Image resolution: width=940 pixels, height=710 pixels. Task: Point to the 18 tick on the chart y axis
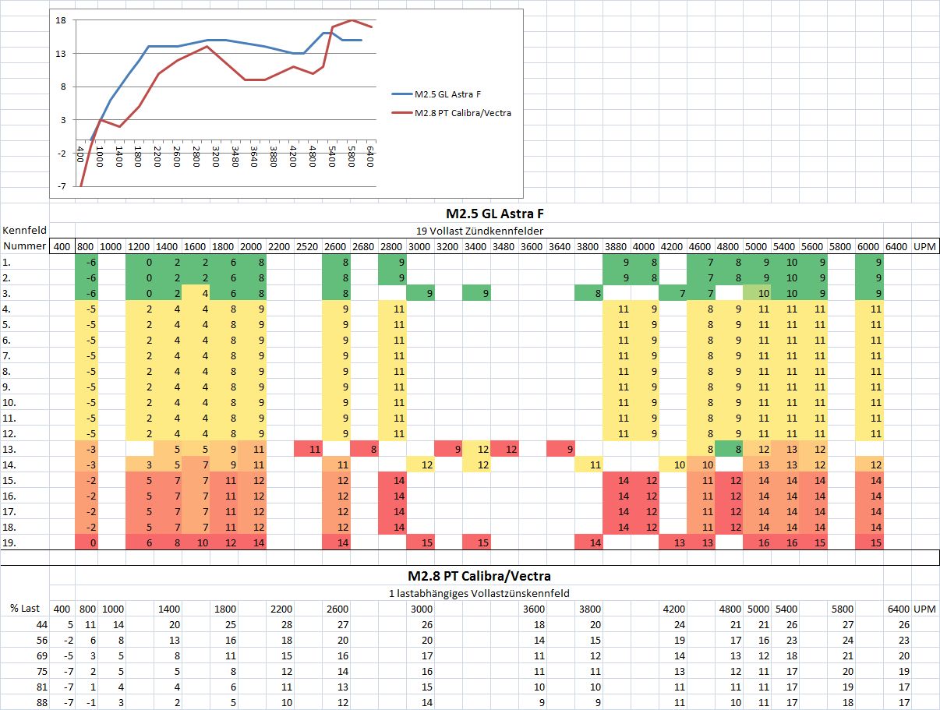60,20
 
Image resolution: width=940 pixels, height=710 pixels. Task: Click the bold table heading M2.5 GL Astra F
494,214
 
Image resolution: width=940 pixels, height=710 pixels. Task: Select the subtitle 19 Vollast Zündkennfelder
494,231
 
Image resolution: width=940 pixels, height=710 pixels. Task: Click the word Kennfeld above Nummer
24,231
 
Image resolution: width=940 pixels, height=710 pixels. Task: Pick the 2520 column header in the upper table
308,247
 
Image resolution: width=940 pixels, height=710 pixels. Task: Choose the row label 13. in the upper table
9,450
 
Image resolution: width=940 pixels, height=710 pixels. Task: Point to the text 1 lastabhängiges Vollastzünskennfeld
479,593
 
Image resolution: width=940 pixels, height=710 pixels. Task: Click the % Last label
24,609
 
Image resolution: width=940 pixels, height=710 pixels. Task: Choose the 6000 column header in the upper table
868,247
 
